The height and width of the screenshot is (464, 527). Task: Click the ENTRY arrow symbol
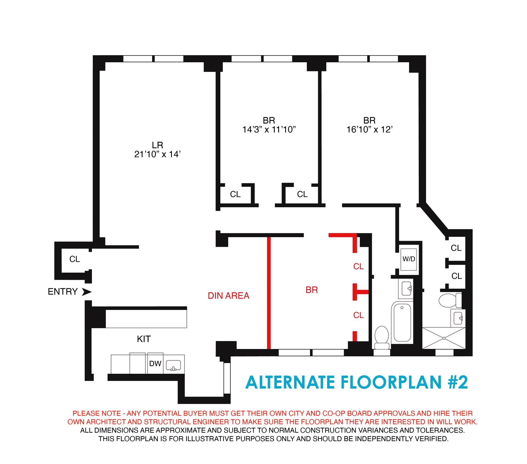click(x=87, y=292)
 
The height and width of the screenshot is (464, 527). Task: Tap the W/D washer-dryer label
click(x=409, y=259)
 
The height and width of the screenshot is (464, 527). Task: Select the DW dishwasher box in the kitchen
click(x=155, y=364)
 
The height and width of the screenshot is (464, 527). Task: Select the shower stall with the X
click(x=444, y=338)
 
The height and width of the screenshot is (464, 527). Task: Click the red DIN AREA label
click(x=228, y=296)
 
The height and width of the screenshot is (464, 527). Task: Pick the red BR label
click(x=312, y=290)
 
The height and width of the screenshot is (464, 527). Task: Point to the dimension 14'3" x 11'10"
click(x=269, y=129)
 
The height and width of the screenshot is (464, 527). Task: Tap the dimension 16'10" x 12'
click(x=369, y=129)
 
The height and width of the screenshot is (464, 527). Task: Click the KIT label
click(x=144, y=339)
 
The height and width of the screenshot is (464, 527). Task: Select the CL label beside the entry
click(x=74, y=259)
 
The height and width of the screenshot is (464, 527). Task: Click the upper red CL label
click(x=358, y=266)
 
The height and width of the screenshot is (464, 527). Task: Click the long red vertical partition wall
click(x=269, y=292)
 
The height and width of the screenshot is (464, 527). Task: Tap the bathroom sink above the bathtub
click(x=406, y=289)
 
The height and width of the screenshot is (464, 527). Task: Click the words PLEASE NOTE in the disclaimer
click(x=97, y=413)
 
